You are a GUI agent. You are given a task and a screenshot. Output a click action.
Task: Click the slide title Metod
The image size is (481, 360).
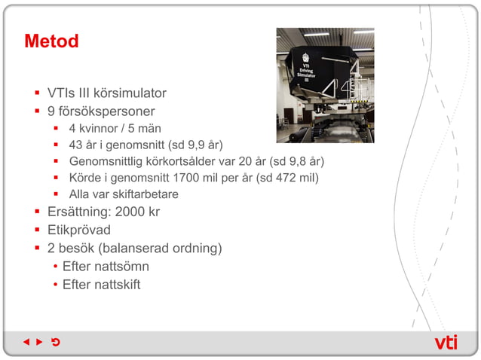click(51, 41)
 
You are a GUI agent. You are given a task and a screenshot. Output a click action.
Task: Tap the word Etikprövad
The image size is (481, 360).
click(79, 230)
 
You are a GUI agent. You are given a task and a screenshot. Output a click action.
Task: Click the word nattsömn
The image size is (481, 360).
click(121, 266)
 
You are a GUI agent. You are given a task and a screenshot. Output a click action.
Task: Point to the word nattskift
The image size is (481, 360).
click(118, 284)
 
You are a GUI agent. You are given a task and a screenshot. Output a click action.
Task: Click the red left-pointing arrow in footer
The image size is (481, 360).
click(26, 343)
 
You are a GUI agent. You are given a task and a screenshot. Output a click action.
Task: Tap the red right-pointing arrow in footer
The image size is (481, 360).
click(39, 343)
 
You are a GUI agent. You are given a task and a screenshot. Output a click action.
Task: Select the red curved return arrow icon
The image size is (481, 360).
click(55, 343)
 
